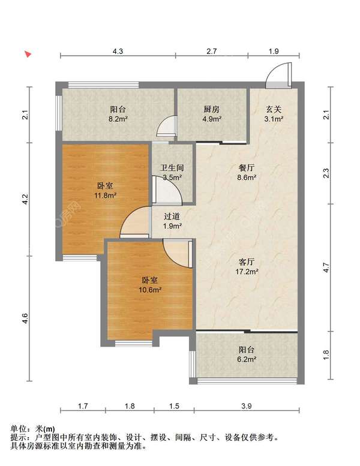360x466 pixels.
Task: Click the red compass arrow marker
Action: pos(28,54)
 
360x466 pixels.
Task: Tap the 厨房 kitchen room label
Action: pos(212,109)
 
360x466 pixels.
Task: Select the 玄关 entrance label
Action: pos(274,109)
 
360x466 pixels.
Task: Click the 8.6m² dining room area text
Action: pos(247,178)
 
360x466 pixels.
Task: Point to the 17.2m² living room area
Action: pos(247,272)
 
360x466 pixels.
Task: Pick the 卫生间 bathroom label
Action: pos(172,167)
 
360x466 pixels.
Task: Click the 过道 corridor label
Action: pos(172,217)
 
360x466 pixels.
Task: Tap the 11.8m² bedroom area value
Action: pos(105,196)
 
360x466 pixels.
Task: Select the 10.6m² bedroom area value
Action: pos(150,290)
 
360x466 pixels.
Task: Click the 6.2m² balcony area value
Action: pos(247,359)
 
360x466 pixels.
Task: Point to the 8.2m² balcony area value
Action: pos(118,119)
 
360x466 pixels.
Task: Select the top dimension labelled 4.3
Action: pos(118,52)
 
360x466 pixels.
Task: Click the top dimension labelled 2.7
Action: pos(212,52)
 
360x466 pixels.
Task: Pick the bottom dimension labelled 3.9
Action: pos(247,406)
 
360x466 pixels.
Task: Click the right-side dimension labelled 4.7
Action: pos(326,267)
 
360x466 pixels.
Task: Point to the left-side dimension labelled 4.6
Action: pos(25,318)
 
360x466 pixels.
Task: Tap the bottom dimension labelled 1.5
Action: pos(174,406)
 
